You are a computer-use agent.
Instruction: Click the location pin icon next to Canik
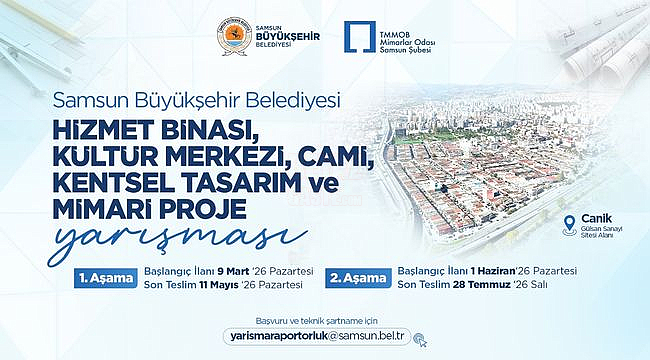[570, 225]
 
